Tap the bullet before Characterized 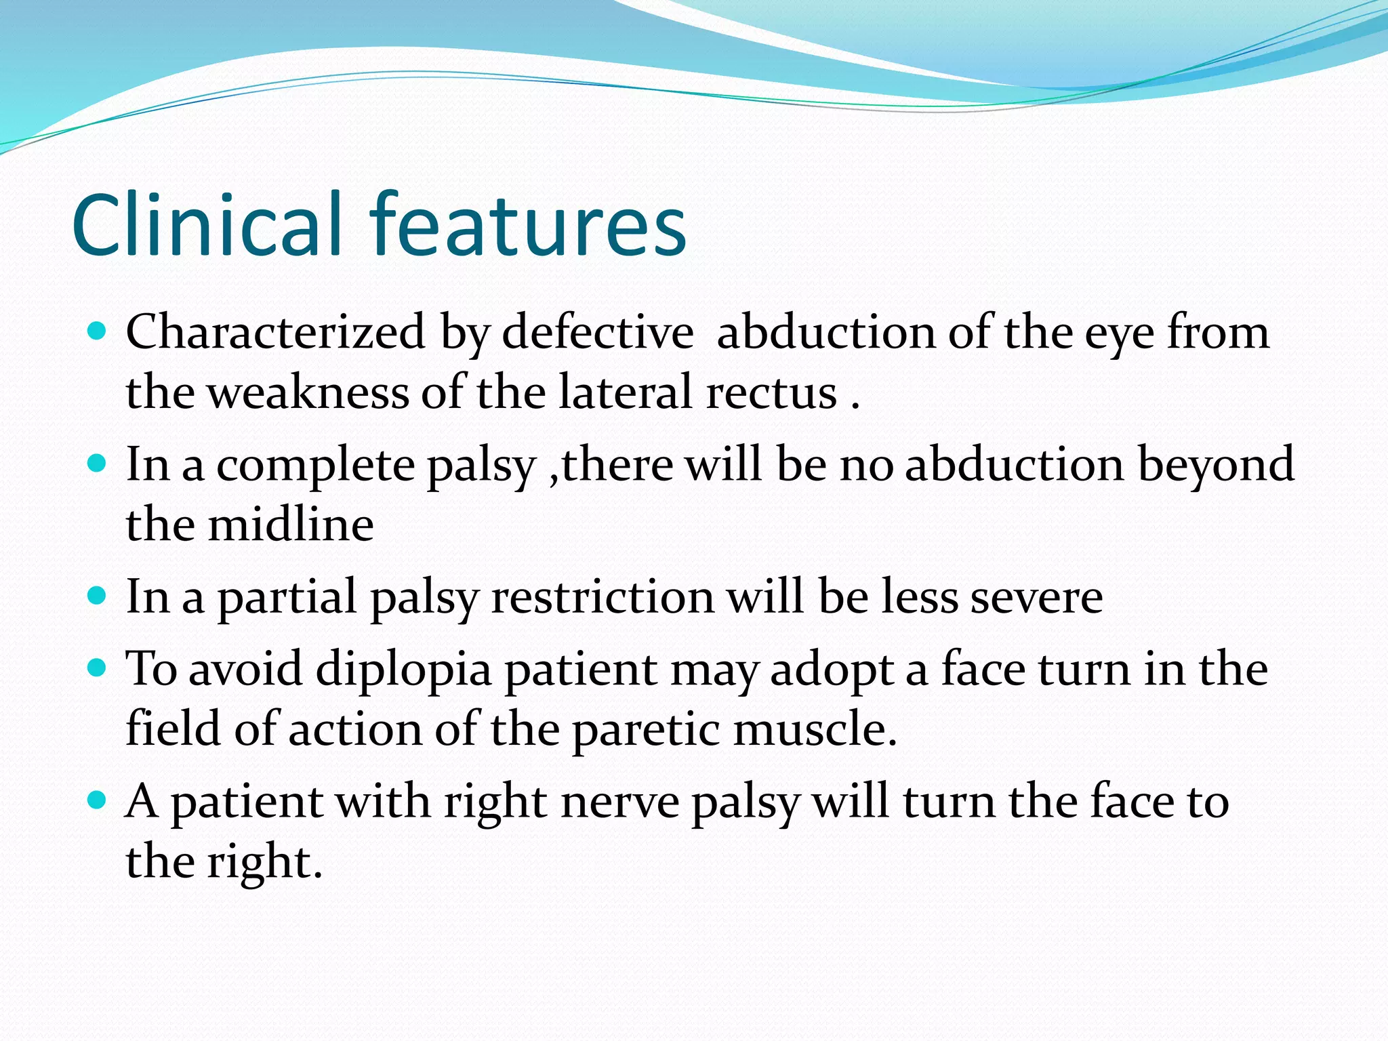coord(98,331)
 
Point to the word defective coord(597,333)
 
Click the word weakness coord(308,393)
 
